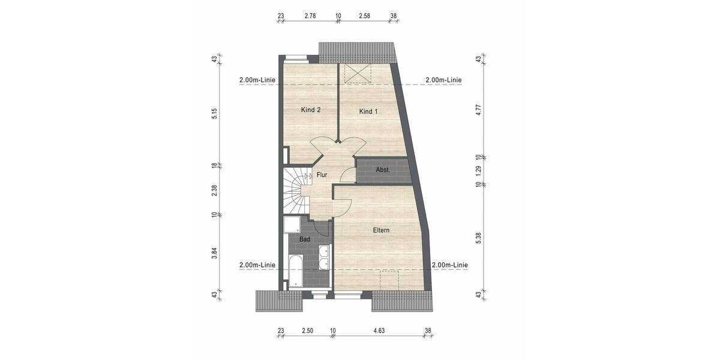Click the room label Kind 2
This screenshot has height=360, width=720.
(310, 110)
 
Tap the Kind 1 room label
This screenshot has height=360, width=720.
(369, 112)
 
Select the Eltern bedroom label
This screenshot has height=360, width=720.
(381, 230)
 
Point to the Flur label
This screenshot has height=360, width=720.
(322, 175)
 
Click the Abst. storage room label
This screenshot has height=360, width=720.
(383, 170)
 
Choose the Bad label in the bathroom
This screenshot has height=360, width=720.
(305, 239)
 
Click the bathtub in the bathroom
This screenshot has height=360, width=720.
(296, 271)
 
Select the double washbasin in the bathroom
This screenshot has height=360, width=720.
(324, 257)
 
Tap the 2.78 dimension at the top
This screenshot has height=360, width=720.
(310, 16)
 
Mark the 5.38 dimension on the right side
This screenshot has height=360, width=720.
(478, 239)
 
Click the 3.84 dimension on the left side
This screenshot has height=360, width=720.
(214, 254)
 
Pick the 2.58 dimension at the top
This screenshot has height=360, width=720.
(365, 16)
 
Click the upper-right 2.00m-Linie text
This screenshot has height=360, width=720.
(443, 80)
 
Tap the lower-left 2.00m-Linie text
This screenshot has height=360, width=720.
(257, 265)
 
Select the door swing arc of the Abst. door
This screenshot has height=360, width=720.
(347, 175)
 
